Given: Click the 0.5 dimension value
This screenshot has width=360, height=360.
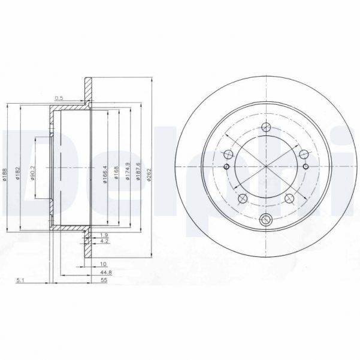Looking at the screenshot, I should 59,98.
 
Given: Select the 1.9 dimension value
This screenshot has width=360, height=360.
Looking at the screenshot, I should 104,235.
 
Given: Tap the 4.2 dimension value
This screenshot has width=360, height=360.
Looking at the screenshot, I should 104,242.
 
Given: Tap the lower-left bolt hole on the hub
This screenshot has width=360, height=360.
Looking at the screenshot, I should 243,198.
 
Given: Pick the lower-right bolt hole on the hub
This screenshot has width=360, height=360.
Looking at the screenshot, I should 290,198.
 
